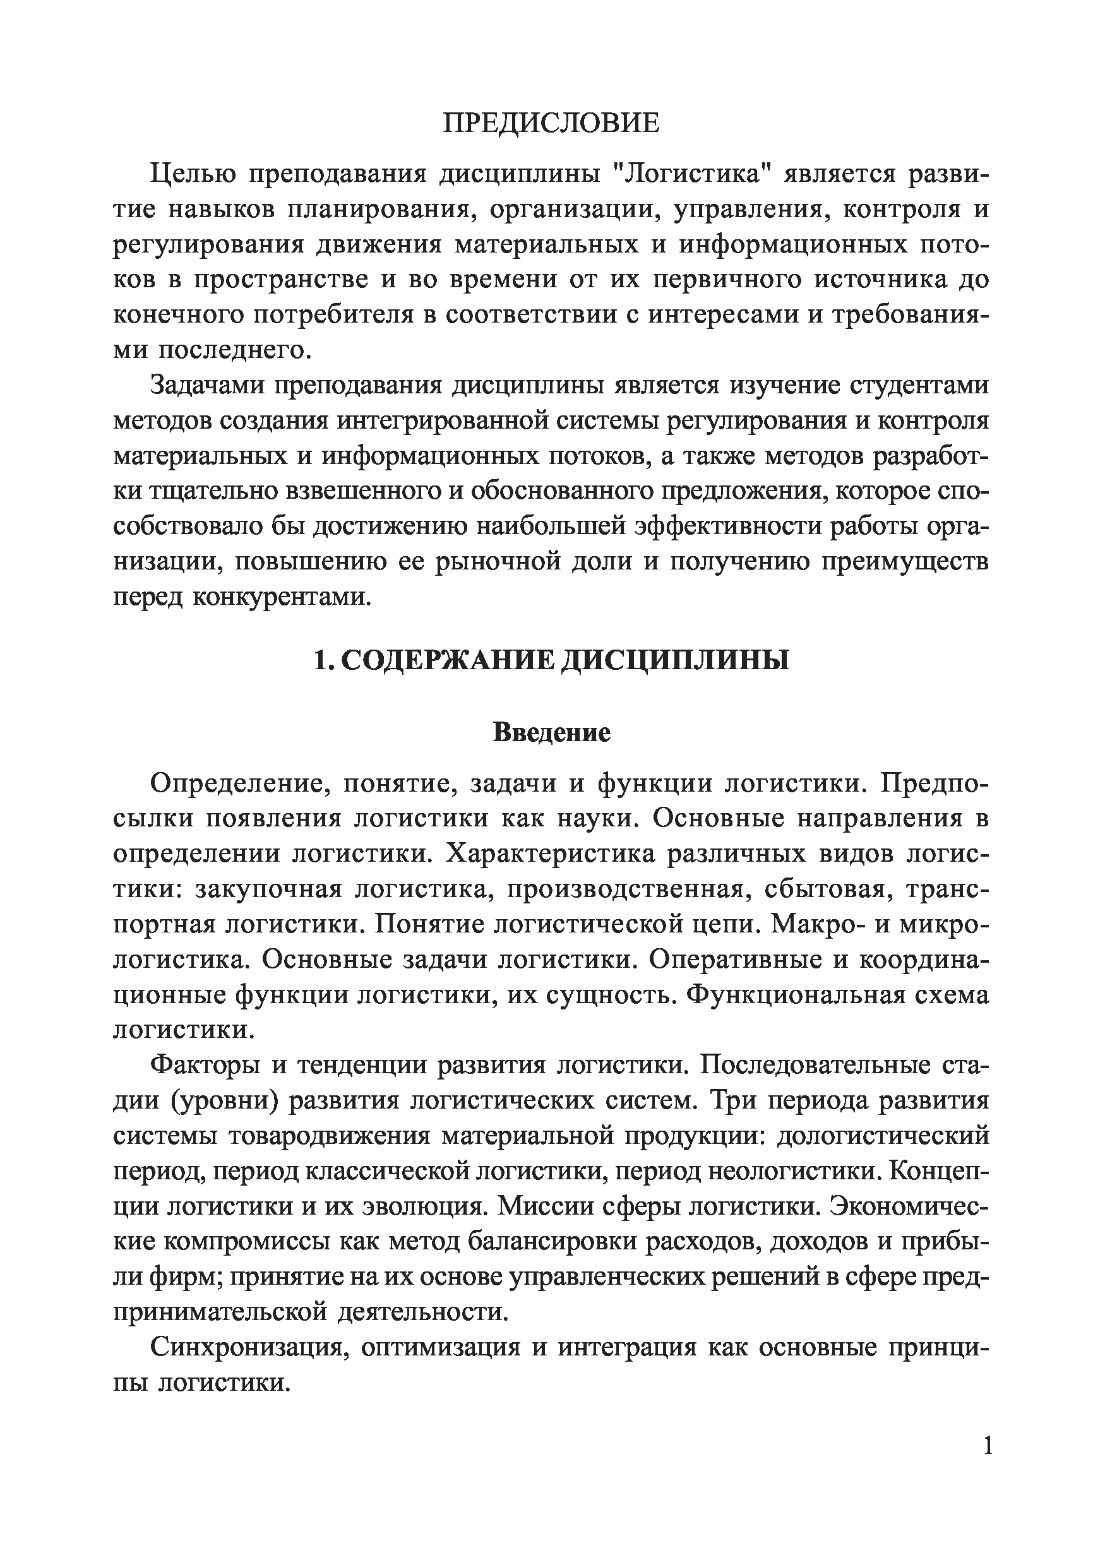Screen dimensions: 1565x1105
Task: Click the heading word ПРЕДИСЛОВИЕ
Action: pyautogui.click(x=551, y=123)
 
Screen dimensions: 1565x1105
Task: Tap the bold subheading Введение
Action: pyautogui.click(x=551, y=733)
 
